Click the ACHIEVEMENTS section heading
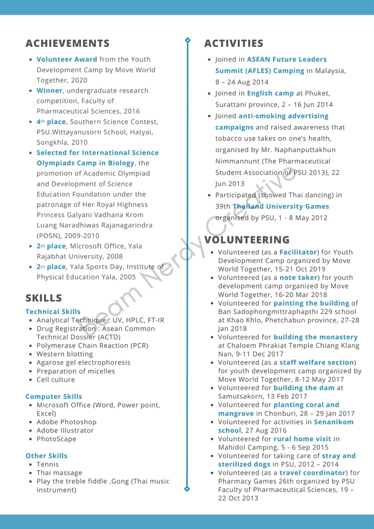click(x=67, y=44)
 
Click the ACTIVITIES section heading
click(x=234, y=44)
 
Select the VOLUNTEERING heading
click(x=247, y=240)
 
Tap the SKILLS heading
click(x=44, y=298)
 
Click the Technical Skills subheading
click(x=53, y=312)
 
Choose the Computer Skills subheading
click(x=53, y=397)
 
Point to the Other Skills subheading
click(x=46, y=456)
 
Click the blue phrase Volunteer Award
click(x=67, y=60)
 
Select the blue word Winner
click(x=50, y=90)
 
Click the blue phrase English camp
click(x=270, y=94)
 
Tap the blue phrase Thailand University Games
click(x=281, y=207)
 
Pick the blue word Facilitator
click(x=298, y=252)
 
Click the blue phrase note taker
click(x=299, y=278)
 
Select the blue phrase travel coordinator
click(x=312, y=473)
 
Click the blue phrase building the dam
click(x=304, y=388)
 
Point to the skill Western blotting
click(x=64, y=354)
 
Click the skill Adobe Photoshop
click(x=66, y=422)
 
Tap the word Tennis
click(x=48, y=465)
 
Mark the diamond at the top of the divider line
click(x=187, y=40)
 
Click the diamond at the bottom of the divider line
click(x=187, y=489)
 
